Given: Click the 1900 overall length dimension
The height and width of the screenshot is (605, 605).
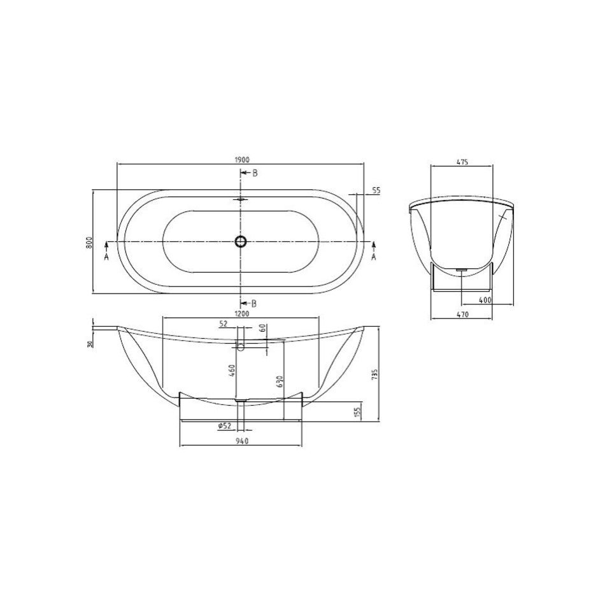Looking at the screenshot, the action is click(x=241, y=159).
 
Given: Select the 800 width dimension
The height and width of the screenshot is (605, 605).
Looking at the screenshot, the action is click(x=89, y=242).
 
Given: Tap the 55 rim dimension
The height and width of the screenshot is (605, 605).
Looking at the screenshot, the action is click(x=376, y=190).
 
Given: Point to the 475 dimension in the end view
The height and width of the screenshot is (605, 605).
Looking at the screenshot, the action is click(x=462, y=162).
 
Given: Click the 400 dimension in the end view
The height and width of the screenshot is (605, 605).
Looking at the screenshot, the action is click(x=485, y=300).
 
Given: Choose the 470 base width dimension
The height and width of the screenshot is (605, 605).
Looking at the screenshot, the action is click(x=462, y=315).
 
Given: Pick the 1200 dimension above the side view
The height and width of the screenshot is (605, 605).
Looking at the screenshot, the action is click(x=241, y=314).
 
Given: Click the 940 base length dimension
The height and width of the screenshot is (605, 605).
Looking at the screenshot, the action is click(x=241, y=441).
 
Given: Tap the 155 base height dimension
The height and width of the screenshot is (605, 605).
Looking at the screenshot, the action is click(x=357, y=411).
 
